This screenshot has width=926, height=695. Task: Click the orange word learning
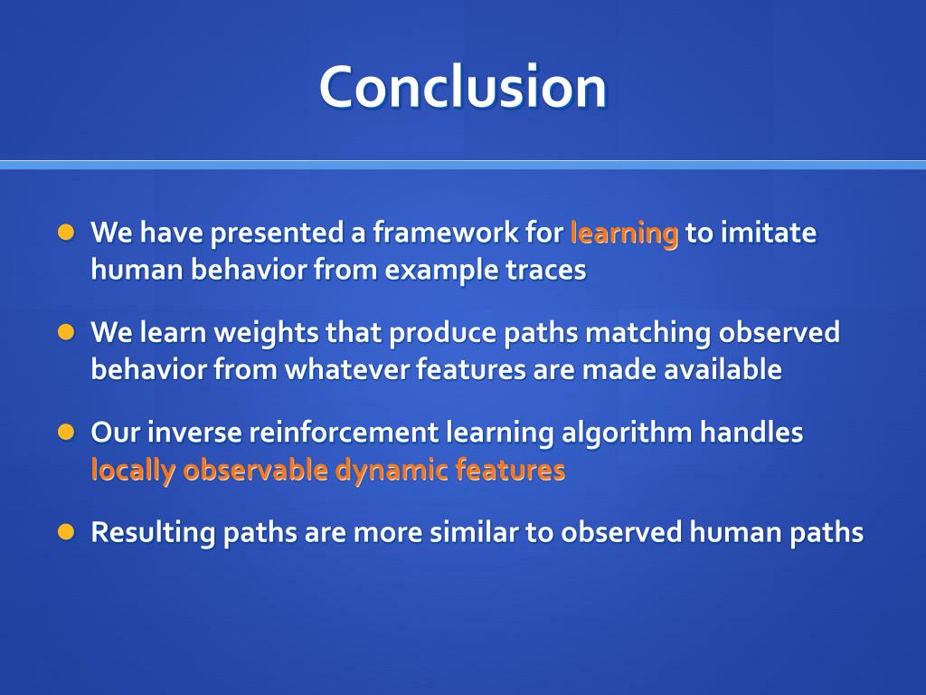click(624, 233)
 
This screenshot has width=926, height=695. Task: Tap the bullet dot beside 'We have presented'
click(66, 233)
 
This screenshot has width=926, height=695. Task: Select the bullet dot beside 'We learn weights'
click(66, 332)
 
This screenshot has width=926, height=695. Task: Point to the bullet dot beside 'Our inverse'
click(66, 432)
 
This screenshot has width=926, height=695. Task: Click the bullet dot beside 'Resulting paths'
click(66, 532)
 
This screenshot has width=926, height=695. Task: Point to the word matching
click(648, 333)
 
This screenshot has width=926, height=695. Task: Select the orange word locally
click(134, 471)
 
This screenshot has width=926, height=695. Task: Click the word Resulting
click(154, 533)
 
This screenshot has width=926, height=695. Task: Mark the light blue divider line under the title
click(463, 165)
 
